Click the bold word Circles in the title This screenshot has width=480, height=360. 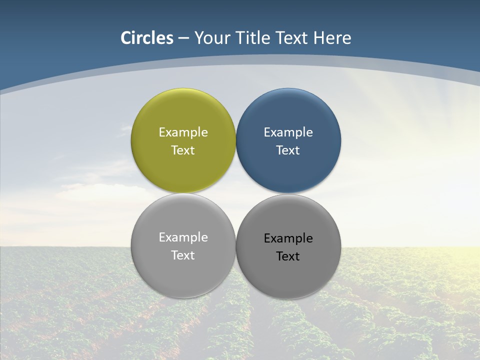(147, 38)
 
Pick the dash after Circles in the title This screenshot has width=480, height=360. (183, 38)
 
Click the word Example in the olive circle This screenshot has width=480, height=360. (183, 132)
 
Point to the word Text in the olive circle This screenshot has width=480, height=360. (183, 150)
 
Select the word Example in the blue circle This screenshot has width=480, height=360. (288, 132)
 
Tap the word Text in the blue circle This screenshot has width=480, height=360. (288, 150)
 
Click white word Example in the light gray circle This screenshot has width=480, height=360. (183, 237)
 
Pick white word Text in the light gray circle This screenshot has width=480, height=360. (183, 255)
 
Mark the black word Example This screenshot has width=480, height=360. (288, 238)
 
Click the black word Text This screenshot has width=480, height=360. (288, 256)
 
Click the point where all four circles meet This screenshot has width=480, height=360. (236, 193)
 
